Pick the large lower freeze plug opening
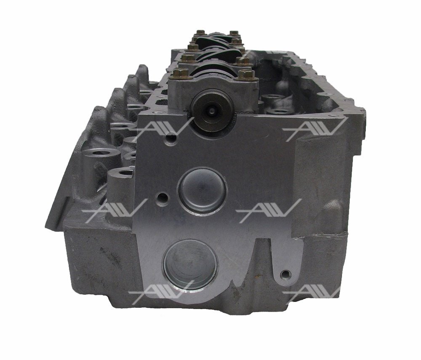point(190,265)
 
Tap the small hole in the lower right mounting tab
point(285,274)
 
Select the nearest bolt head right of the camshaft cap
point(246,75)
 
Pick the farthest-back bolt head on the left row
point(200,33)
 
